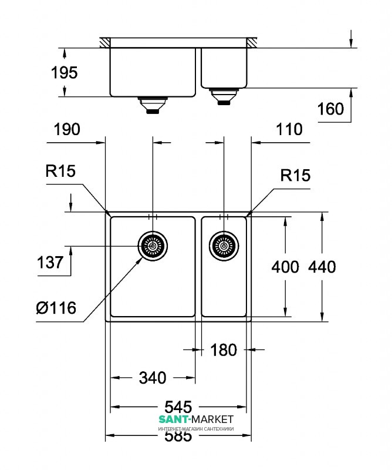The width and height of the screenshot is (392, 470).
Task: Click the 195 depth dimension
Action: click(64, 73)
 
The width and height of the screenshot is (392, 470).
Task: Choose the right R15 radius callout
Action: click(295, 175)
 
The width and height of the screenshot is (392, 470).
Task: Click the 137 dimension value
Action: click(50, 262)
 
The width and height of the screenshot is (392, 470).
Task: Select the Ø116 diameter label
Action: click(56, 307)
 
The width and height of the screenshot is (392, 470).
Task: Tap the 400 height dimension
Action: click(285, 267)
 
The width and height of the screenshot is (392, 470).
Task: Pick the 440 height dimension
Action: click(322, 267)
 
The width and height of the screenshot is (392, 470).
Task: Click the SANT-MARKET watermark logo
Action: click(196, 419)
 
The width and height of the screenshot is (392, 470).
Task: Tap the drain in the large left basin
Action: click(153, 246)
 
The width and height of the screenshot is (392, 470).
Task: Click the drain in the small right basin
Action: click(224, 246)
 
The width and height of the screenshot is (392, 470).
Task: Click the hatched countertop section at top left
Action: click(105, 43)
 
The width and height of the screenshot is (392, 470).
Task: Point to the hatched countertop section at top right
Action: click(254, 43)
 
